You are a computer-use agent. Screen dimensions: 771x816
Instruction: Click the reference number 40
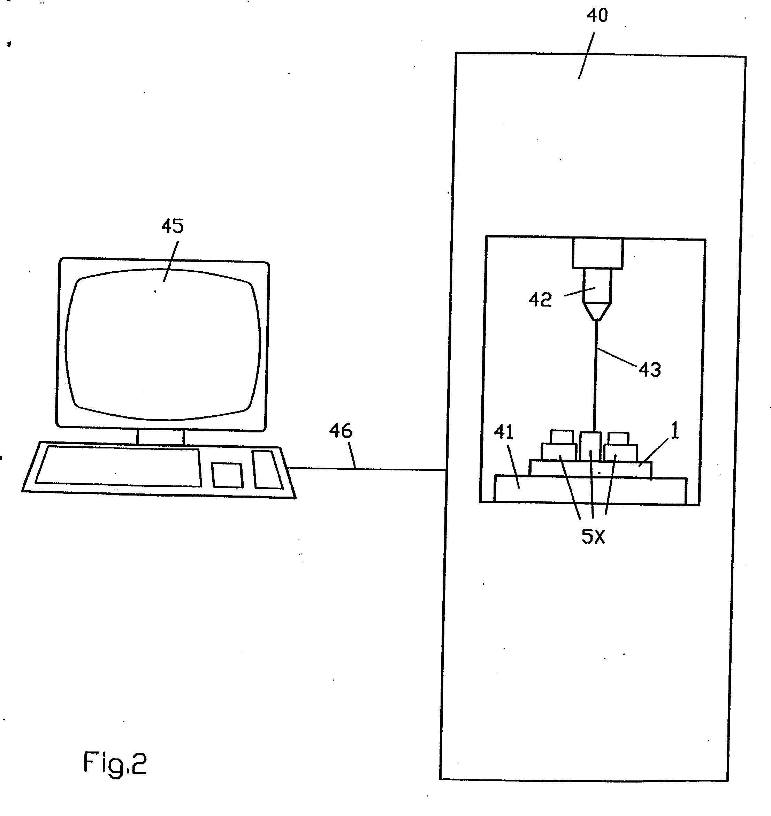click(x=597, y=16)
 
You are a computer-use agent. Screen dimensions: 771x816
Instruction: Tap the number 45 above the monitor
click(x=172, y=226)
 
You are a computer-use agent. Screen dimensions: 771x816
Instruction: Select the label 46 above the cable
click(x=341, y=431)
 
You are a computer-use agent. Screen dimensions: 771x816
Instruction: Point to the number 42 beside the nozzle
click(x=540, y=300)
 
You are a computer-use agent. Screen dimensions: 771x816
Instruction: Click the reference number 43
click(x=650, y=370)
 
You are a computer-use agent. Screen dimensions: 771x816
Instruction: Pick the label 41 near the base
click(x=504, y=432)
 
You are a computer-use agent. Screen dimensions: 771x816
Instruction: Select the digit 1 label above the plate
click(x=674, y=430)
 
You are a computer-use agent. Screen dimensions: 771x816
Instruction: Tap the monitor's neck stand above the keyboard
click(x=160, y=437)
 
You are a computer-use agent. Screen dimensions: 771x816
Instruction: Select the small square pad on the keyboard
click(x=227, y=475)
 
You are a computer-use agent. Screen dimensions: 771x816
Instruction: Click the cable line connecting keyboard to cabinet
click(x=367, y=469)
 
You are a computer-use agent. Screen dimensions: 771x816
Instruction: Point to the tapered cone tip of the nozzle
click(x=596, y=312)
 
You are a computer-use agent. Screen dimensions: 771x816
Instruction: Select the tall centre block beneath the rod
click(x=590, y=446)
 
